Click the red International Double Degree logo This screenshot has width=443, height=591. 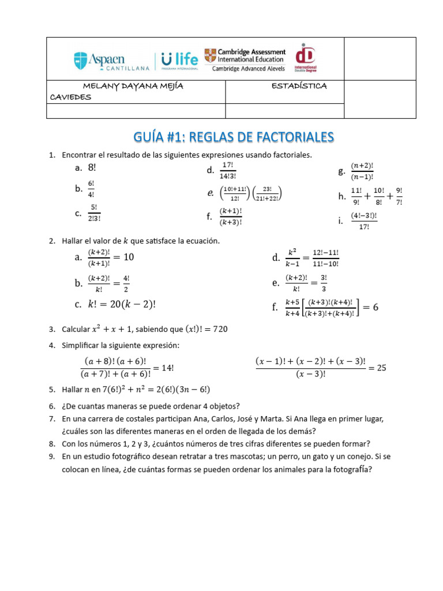tap(306, 59)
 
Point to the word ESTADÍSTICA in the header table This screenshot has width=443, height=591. tap(299, 86)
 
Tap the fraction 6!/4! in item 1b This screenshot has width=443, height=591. tap(91, 188)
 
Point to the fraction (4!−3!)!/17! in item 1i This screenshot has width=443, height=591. tap(363, 220)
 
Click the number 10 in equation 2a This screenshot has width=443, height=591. tap(129, 257)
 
